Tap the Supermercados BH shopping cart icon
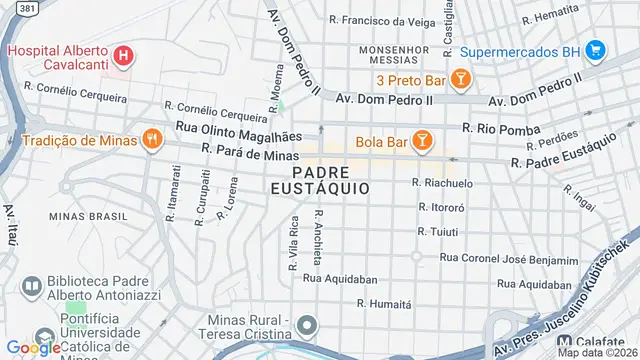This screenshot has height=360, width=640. [595, 49]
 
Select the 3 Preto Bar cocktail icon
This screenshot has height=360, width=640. [460, 78]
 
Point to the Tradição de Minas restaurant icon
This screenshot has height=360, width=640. [152, 139]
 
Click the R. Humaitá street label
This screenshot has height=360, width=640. [385, 302]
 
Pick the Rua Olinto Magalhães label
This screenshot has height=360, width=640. [238, 127]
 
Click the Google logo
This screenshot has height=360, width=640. [34, 348]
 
